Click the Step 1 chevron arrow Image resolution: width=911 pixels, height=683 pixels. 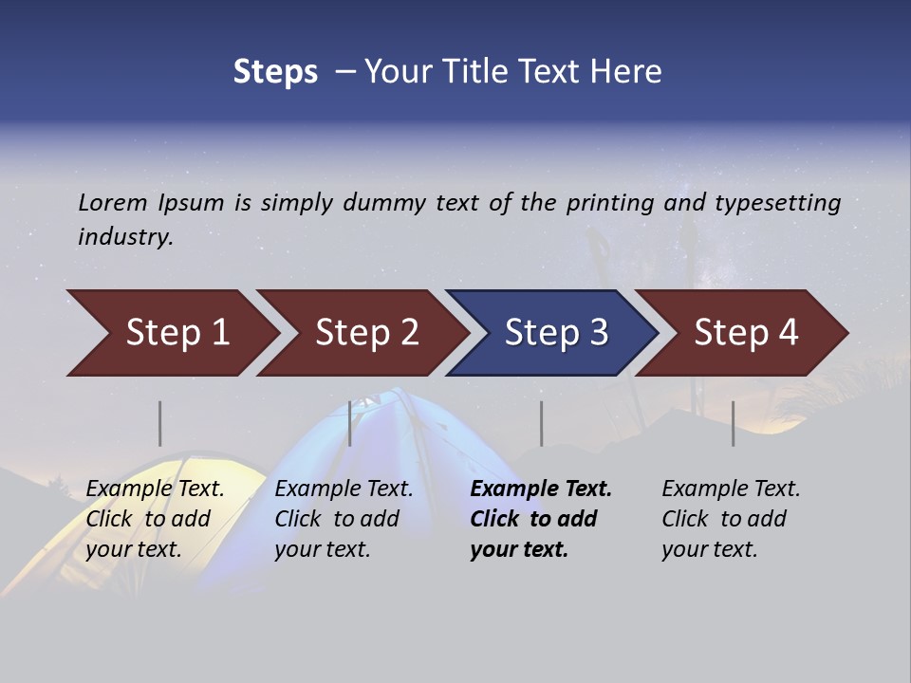click(x=176, y=333)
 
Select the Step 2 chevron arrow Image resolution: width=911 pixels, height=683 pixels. click(x=365, y=333)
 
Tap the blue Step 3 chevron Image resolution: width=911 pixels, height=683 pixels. click(x=555, y=333)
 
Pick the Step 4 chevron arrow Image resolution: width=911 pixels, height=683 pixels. click(x=745, y=333)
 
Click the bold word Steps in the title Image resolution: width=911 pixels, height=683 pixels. click(x=275, y=71)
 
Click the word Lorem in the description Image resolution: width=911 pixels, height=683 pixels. click(x=113, y=202)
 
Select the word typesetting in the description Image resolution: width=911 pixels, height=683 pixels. click(x=777, y=202)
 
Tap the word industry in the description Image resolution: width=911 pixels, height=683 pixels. click(x=125, y=236)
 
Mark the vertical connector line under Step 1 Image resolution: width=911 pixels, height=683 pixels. click(x=159, y=423)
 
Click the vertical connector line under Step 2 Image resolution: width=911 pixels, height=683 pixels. click(x=350, y=423)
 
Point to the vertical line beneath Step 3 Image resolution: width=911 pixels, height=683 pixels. click(x=541, y=423)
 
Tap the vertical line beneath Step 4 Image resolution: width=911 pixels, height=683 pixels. click(x=733, y=423)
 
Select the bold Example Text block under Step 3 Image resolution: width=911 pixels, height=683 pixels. click(x=541, y=519)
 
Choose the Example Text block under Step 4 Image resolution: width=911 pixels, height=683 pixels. click(x=731, y=519)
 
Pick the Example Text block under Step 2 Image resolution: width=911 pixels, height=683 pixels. click(x=344, y=519)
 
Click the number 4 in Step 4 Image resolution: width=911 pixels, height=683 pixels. click(x=788, y=333)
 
